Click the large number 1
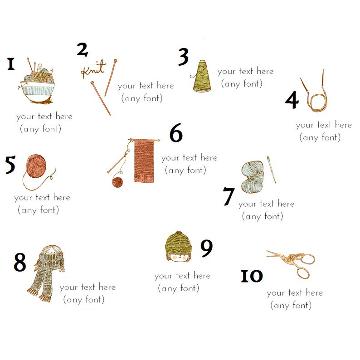click(11, 64)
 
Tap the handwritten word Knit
click(93, 68)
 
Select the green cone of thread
click(201, 77)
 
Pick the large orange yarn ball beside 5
click(36, 166)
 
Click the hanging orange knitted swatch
click(144, 161)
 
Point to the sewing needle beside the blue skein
click(271, 170)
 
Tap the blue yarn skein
click(253, 177)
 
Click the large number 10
click(252, 276)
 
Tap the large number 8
click(20, 262)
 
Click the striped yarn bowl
click(38, 91)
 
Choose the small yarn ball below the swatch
click(117, 182)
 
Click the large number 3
click(184, 57)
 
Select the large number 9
click(206, 248)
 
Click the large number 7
click(229, 196)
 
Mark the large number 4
click(292, 100)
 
